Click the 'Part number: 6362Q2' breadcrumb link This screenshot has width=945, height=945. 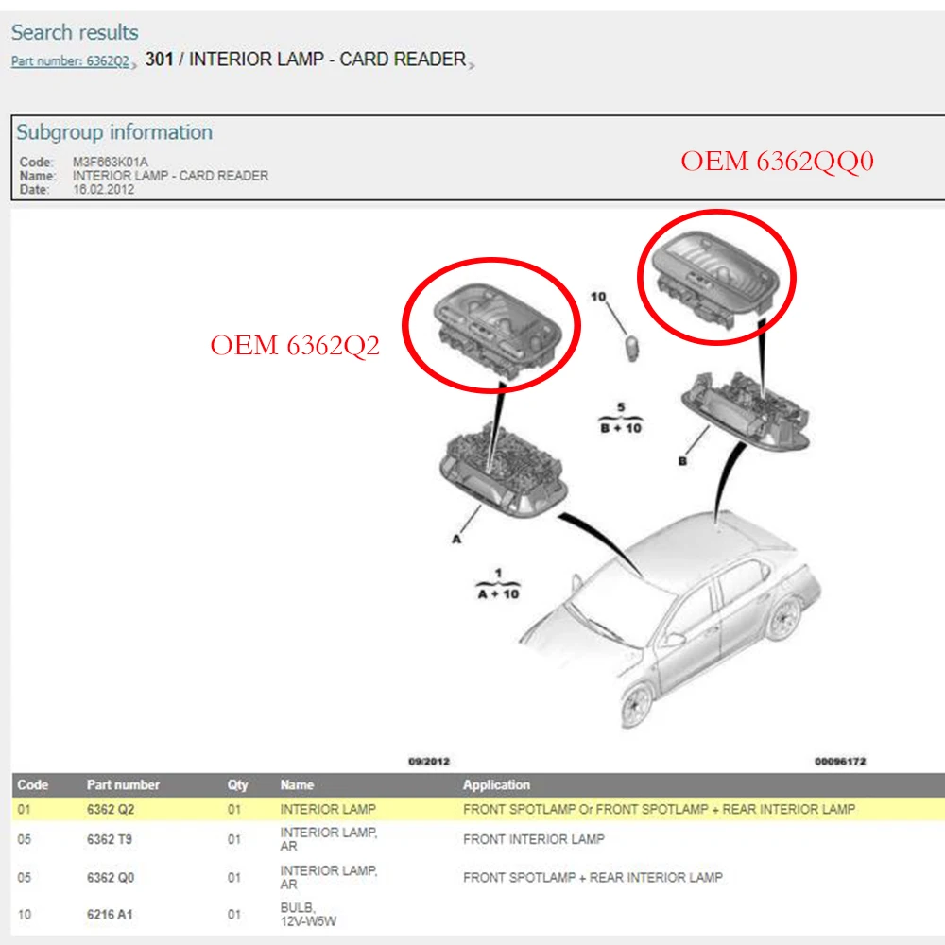tap(70, 60)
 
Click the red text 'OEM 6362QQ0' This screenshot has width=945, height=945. tap(777, 162)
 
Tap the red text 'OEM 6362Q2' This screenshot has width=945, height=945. tap(295, 345)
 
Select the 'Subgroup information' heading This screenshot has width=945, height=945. tap(114, 132)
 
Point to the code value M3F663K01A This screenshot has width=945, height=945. tap(111, 163)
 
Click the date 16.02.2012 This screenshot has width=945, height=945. tap(104, 189)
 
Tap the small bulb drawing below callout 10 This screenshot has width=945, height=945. tap(631, 349)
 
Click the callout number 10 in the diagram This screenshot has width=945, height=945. tap(598, 297)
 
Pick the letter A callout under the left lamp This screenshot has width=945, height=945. tap(456, 540)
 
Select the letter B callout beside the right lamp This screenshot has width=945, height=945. tap(682, 461)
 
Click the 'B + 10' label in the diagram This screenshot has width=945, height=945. tap(621, 428)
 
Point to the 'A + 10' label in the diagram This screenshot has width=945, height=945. tap(498, 594)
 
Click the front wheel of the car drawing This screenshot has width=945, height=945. tap(636, 705)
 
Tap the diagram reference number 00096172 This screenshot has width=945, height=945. tap(840, 761)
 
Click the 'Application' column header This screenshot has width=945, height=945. tap(497, 784)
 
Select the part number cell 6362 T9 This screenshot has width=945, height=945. tap(109, 839)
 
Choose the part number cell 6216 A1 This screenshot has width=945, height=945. tap(109, 914)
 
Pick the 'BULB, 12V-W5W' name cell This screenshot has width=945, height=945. tap(308, 914)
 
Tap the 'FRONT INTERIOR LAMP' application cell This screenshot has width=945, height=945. tap(533, 839)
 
